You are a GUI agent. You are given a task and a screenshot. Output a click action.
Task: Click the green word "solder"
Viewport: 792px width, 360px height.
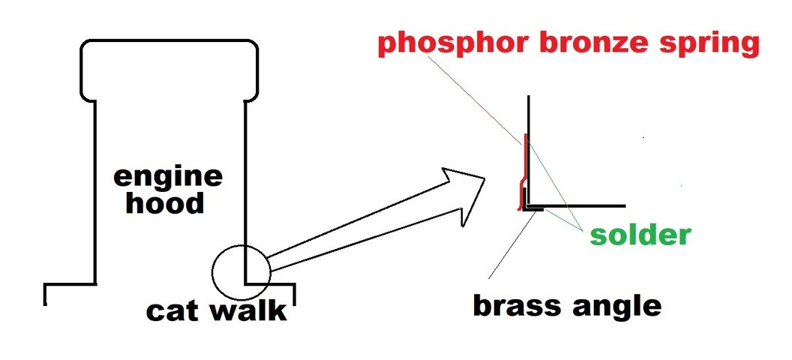pos(640,235)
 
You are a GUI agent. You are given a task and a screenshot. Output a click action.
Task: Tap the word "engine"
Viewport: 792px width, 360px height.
pos(168,178)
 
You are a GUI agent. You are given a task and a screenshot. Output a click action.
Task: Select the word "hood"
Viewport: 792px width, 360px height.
pos(165,202)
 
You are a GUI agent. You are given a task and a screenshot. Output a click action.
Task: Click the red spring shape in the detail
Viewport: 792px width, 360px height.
pos(520,172)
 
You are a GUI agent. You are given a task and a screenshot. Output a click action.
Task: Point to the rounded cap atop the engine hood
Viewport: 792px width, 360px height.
pos(169,70)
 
